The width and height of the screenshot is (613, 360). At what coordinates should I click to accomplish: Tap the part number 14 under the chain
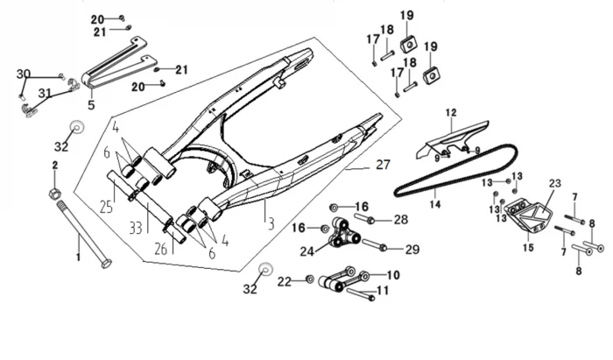[x=434, y=204]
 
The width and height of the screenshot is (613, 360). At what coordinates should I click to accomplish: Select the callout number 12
[x=451, y=113]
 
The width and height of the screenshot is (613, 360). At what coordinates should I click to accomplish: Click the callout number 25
[x=107, y=208]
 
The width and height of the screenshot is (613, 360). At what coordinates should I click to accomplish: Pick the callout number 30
[x=24, y=74]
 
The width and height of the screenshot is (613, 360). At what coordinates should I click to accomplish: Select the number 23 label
[x=553, y=184]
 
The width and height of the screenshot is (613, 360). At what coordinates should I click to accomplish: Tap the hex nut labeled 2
[x=55, y=192]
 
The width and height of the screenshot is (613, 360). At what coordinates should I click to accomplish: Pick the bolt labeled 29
[x=372, y=246]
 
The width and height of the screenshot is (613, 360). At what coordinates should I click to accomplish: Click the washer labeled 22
[x=309, y=280]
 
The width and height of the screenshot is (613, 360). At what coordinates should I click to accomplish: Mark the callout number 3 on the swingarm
[x=271, y=225]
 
